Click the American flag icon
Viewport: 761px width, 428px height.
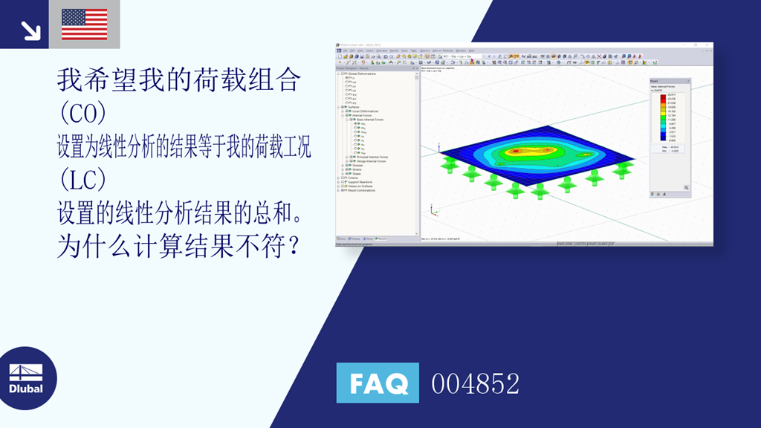pos(84,24)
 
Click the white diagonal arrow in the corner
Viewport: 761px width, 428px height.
pos(30,30)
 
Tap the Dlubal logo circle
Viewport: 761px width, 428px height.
pos(27,378)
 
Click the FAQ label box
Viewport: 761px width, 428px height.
pos(378,383)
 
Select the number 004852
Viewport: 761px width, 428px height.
pos(476,384)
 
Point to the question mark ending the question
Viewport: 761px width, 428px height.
pos(294,246)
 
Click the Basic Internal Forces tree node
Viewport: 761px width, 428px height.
pos(370,119)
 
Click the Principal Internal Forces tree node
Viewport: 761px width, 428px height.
pos(372,157)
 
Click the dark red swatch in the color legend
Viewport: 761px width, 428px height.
pos(663,96)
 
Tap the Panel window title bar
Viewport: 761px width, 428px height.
pos(669,80)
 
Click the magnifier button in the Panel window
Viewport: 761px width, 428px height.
pos(686,187)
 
